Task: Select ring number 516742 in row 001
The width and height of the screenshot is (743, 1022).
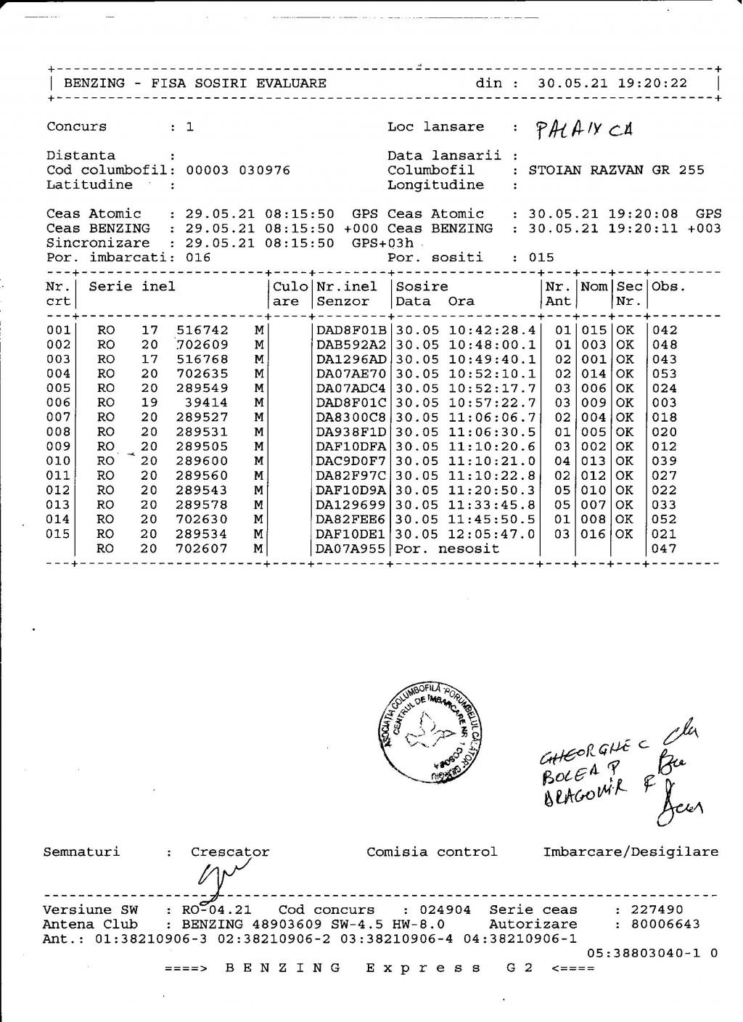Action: [202, 330]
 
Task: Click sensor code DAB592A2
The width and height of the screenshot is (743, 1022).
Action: [352, 345]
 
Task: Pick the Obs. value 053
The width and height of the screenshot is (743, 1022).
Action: [665, 374]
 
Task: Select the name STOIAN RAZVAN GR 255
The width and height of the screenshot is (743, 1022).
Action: [616, 171]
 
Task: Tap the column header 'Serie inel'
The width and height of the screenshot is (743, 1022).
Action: [132, 287]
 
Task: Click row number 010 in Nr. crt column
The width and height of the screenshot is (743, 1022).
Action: [58, 461]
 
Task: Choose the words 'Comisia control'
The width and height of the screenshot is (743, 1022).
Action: [432, 852]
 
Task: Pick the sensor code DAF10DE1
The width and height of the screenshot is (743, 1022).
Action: [352, 534]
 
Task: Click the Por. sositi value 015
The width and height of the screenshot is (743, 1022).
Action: [541, 258]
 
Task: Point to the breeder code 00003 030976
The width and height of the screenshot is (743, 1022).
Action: [238, 171]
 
